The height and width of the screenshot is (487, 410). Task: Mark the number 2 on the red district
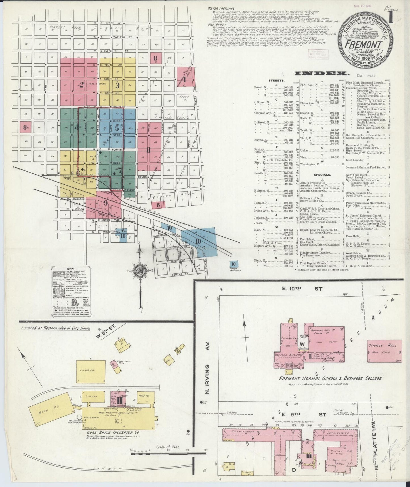[x=81, y=85]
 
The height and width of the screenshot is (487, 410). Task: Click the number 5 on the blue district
[x=117, y=128]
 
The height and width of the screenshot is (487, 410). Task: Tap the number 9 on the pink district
[x=105, y=203]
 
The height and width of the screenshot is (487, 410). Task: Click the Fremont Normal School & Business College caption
[x=330, y=378]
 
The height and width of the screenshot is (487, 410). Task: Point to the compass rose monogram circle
[x=140, y=270]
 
